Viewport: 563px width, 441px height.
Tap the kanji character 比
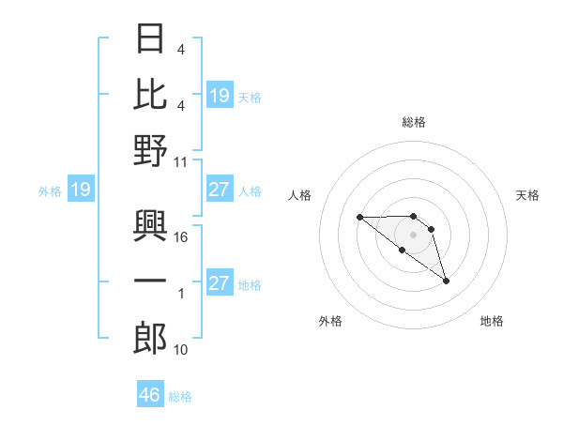click(x=150, y=95)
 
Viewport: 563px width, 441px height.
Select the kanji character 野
click(x=150, y=150)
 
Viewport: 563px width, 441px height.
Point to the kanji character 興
click(x=150, y=226)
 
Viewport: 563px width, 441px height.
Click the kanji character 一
click(x=150, y=282)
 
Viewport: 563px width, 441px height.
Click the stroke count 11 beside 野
click(x=181, y=161)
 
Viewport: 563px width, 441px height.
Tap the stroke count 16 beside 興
click(x=181, y=237)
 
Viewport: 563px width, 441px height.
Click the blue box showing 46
click(x=150, y=395)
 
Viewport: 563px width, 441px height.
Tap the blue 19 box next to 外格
click(x=80, y=190)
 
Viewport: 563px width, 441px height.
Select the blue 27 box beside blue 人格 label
click(x=219, y=190)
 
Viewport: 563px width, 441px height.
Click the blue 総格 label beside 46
click(x=180, y=397)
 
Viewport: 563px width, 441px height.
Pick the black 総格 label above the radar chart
click(x=413, y=122)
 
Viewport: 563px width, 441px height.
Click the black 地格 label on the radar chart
click(x=492, y=321)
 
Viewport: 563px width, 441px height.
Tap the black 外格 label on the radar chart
click(x=330, y=321)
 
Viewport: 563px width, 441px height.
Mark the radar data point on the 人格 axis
click(x=359, y=217)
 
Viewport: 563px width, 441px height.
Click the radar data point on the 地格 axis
click(x=446, y=281)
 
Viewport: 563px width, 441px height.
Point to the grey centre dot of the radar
click(x=413, y=234)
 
